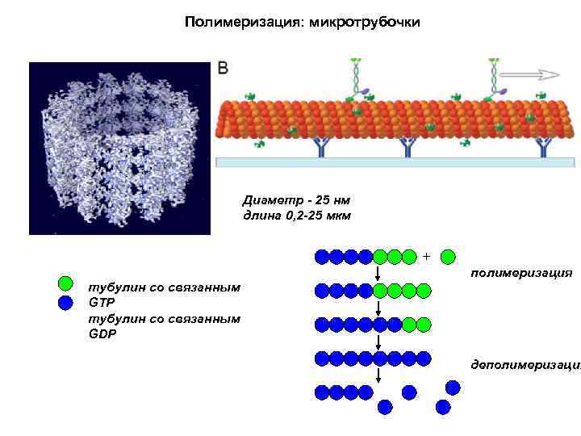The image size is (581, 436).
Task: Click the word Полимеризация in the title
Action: click(238, 22)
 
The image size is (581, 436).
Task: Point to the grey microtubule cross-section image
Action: click(119, 148)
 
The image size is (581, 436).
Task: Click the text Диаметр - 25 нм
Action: click(295, 199)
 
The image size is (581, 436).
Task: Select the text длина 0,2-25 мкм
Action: click(297, 216)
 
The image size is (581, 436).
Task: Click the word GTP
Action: click(100, 304)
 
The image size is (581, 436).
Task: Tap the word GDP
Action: click(101, 333)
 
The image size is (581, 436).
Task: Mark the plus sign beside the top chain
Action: click(426, 257)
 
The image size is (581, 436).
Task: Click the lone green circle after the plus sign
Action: click(448, 257)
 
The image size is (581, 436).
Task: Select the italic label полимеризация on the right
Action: click(521, 273)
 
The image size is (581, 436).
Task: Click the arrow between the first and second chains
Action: click(378, 274)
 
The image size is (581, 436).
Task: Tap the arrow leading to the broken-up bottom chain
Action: click(378, 375)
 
